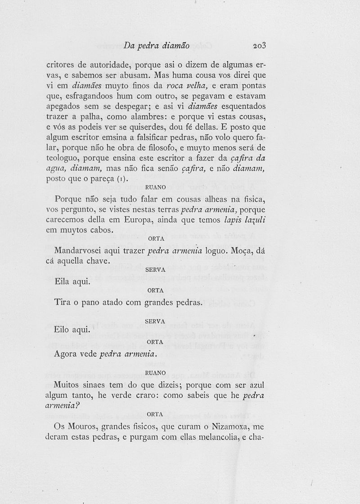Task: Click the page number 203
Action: [x=260, y=45]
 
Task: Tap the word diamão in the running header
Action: [x=174, y=45]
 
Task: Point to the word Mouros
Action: [x=82, y=426]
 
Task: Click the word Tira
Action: [x=62, y=303]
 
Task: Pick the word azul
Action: [x=256, y=385]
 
